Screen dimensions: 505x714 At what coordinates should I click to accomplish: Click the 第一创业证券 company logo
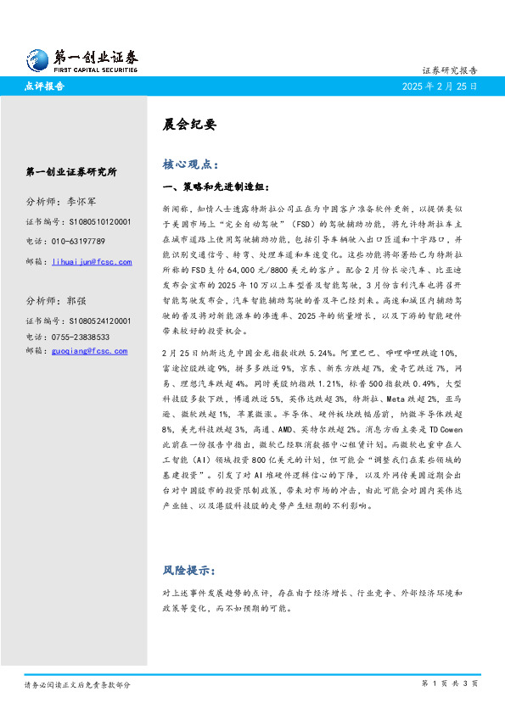coord(81,59)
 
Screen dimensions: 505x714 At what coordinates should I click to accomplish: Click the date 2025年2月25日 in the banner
coord(439,86)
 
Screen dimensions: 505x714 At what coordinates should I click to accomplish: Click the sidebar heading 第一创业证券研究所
coord(71,171)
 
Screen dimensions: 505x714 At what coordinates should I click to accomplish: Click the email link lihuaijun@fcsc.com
coord(92,262)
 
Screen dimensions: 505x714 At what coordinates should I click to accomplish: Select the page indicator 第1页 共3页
coord(451,683)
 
